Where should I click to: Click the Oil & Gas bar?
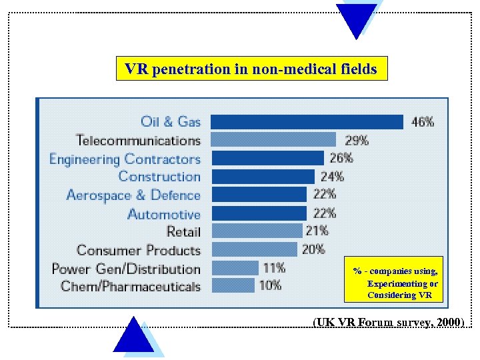(x=307, y=122)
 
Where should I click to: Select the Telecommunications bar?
(x=273, y=140)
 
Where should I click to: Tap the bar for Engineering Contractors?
(x=267, y=159)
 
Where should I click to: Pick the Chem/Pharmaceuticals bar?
(x=233, y=286)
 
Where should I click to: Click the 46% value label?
(x=423, y=122)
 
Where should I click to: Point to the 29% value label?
(x=357, y=140)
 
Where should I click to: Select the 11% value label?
(x=274, y=268)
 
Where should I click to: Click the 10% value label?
(x=270, y=286)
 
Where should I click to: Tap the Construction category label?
(x=159, y=177)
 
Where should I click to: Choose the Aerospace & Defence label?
(x=133, y=195)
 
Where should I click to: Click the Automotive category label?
(x=164, y=214)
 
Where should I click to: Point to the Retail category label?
(x=183, y=231)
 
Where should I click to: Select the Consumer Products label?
(x=139, y=251)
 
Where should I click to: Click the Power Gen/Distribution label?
(x=126, y=269)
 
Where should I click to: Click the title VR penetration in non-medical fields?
(x=251, y=69)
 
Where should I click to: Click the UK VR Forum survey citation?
(x=389, y=322)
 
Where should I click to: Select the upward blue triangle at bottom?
(x=134, y=337)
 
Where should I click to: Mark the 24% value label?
(x=332, y=177)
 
